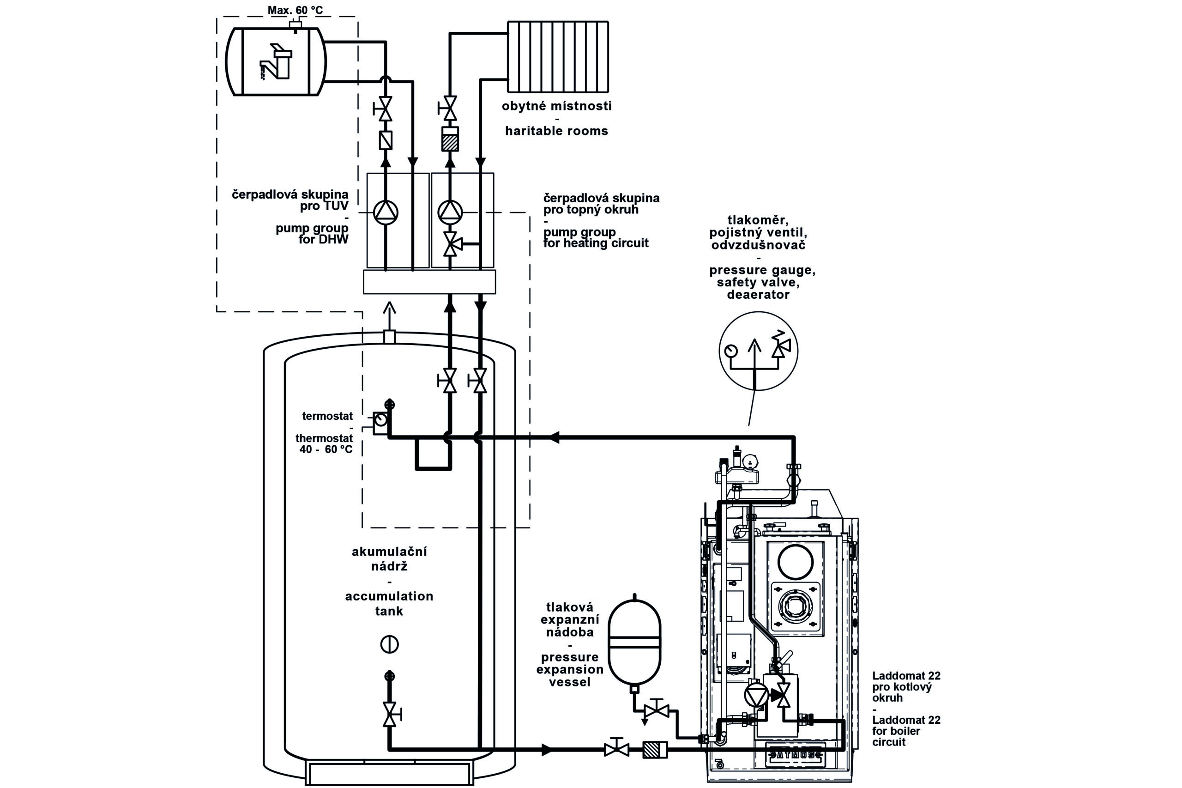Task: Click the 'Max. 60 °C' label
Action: point(295,10)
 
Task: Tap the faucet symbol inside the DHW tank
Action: point(276,62)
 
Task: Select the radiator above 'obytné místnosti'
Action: point(558,56)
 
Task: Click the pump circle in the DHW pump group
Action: point(386,212)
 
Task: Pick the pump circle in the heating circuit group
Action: point(450,212)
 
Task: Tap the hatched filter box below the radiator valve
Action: point(450,139)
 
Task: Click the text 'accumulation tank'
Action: point(389,603)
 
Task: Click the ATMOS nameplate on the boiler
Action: point(795,754)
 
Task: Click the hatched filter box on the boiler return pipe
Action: point(655,750)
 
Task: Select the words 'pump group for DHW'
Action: point(313,234)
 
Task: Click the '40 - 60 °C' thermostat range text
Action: point(326,449)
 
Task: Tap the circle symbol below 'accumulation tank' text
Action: point(389,644)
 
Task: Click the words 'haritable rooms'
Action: point(556,131)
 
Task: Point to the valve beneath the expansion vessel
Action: point(657,710)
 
